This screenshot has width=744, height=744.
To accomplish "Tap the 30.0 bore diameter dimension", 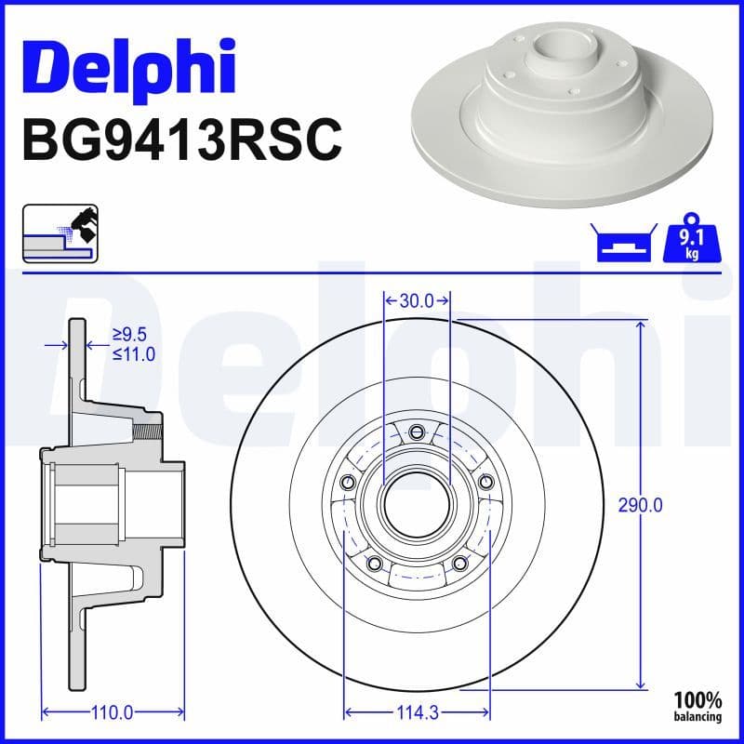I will [417, 300].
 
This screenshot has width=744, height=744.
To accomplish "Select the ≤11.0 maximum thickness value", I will [133, 353].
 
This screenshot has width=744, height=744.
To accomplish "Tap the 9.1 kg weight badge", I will [691, 241].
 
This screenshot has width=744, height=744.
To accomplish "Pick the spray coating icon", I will [60, 232].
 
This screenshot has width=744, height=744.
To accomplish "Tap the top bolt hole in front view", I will [417, 430].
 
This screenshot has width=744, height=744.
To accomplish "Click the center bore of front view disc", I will [417, 503].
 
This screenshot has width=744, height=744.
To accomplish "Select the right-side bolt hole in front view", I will [485, 481].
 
